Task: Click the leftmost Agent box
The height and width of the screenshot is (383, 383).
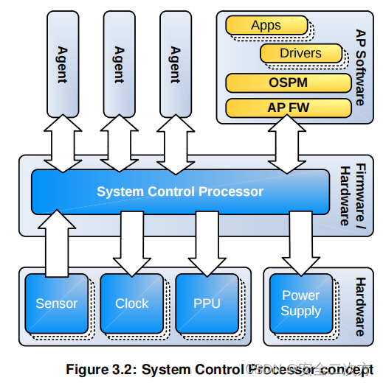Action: point(61,63)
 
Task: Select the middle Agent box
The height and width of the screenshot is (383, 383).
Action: point(118,63)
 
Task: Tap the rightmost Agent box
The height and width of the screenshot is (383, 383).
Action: point(175,63)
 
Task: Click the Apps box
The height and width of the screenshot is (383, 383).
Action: point(266,26)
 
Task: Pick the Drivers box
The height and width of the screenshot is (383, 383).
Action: point(300,53)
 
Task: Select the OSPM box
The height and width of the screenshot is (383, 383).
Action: point(288,82)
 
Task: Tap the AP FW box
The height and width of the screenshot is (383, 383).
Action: point(288,108)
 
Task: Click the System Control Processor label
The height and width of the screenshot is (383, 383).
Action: point(179,191)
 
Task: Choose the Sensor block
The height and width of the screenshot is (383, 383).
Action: point(56,303)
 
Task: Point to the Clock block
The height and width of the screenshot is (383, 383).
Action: point(131,303)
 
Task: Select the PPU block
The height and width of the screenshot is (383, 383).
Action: point(207,303)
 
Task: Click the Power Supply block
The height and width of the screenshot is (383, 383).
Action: point(300,303)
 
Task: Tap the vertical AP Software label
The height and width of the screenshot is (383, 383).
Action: point(359,67)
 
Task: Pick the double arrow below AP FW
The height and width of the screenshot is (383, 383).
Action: point(288,145)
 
